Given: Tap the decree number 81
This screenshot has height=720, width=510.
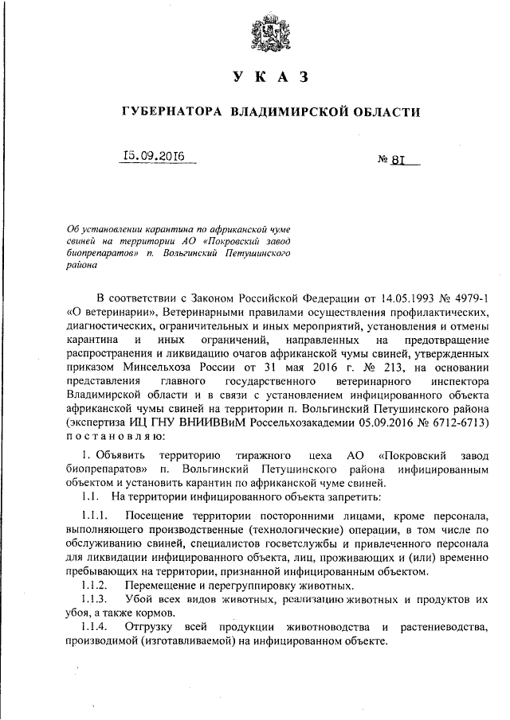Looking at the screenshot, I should (x=399, y=158).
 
